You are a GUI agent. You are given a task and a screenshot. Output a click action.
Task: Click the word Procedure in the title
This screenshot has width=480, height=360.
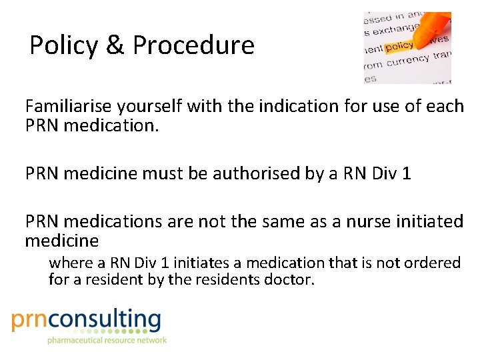[193, 45]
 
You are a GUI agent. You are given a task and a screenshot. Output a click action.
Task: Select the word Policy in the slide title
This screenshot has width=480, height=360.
[62, 45]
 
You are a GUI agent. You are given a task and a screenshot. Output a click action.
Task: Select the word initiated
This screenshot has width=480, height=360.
[424, 221]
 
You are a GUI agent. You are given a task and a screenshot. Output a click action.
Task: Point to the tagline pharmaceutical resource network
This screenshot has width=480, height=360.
[106, 340]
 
